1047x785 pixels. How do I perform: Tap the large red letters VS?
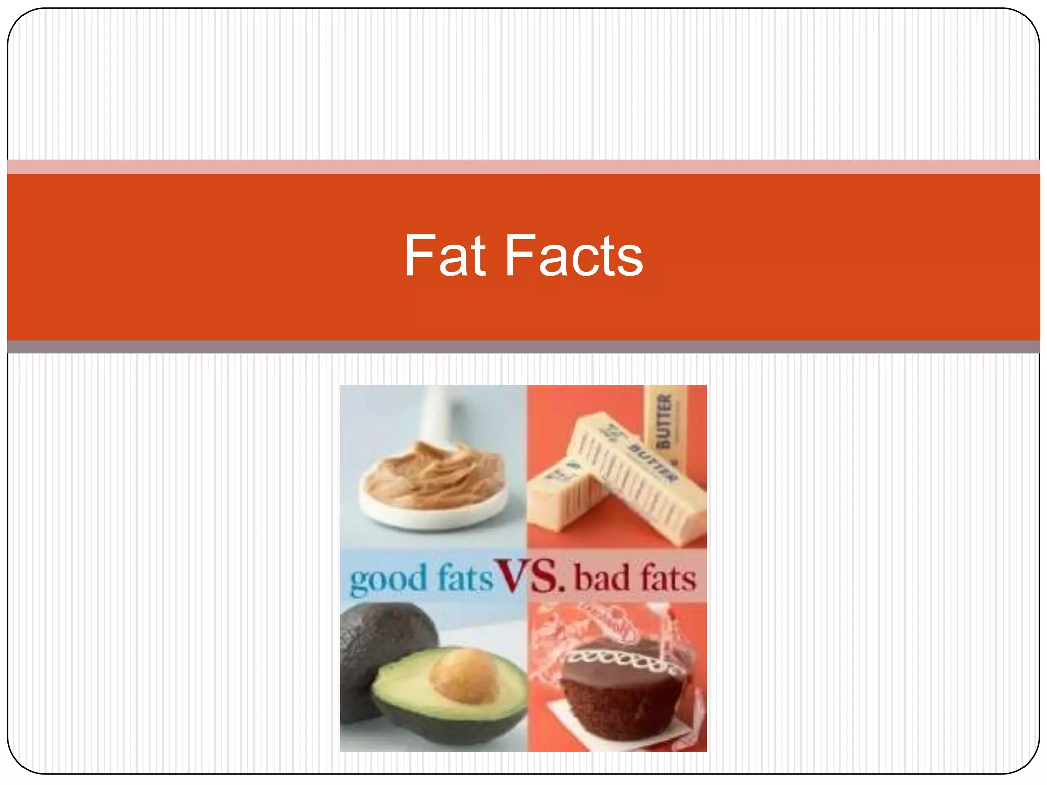tap(532, 576)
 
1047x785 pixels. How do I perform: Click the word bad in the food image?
tap(601, 578)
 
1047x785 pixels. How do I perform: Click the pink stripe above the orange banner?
tap(523, 167)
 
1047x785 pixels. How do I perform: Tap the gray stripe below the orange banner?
tap(523, 347)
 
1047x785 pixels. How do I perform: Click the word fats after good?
tap(465, 578)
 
